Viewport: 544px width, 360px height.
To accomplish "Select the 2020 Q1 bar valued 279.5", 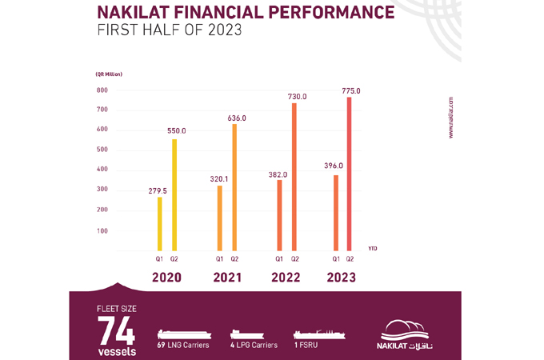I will pos(159,223).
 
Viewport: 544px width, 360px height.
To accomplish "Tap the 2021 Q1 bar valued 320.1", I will pos(219,218).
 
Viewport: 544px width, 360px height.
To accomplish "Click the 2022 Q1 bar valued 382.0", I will pos(279,214).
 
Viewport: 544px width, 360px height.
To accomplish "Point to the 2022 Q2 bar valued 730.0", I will pos(294,177).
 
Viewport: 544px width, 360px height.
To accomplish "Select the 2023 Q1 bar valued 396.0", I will pos(337,212).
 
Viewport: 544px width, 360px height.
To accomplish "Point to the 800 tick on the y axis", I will pos(102,90).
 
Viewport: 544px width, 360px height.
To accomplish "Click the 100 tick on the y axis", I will pos(102,230).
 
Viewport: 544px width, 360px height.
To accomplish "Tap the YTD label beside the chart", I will pos(373,249).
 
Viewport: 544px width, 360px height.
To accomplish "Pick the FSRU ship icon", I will pos(318,333).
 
